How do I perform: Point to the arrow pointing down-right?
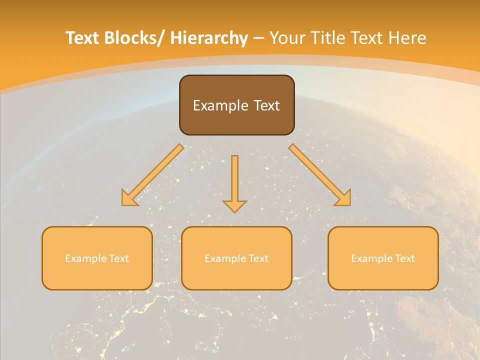pyautogui.click(x=320, y=175)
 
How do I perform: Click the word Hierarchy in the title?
pyautogui.click(x=209, y=38)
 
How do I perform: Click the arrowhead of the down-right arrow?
pyautogui.click(x=343, y=198)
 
